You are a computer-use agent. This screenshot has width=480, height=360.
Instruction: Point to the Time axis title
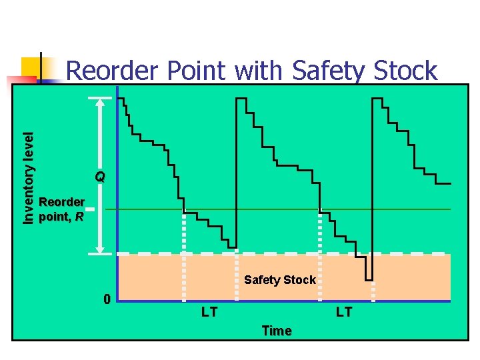click(277, 331)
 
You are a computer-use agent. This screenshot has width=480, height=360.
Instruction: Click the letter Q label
click(100, 177)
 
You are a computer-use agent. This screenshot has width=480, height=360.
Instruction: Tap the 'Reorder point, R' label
click(61, 209)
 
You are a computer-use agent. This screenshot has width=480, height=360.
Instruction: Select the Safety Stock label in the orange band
click(279, 280)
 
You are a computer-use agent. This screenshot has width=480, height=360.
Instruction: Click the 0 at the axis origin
click(107, 298)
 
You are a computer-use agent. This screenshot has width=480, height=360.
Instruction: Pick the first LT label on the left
click(209, 311)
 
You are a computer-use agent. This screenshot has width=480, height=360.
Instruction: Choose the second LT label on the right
click(344, 311)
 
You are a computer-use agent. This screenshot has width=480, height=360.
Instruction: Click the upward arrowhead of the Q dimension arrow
click(100, 103)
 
